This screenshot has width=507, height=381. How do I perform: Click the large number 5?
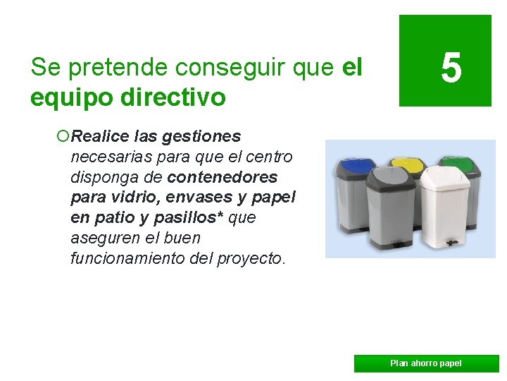tap(451, 69)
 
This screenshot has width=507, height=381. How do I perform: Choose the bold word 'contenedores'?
tap(223, 176)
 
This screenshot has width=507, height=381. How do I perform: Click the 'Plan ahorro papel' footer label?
tap(425, 363)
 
